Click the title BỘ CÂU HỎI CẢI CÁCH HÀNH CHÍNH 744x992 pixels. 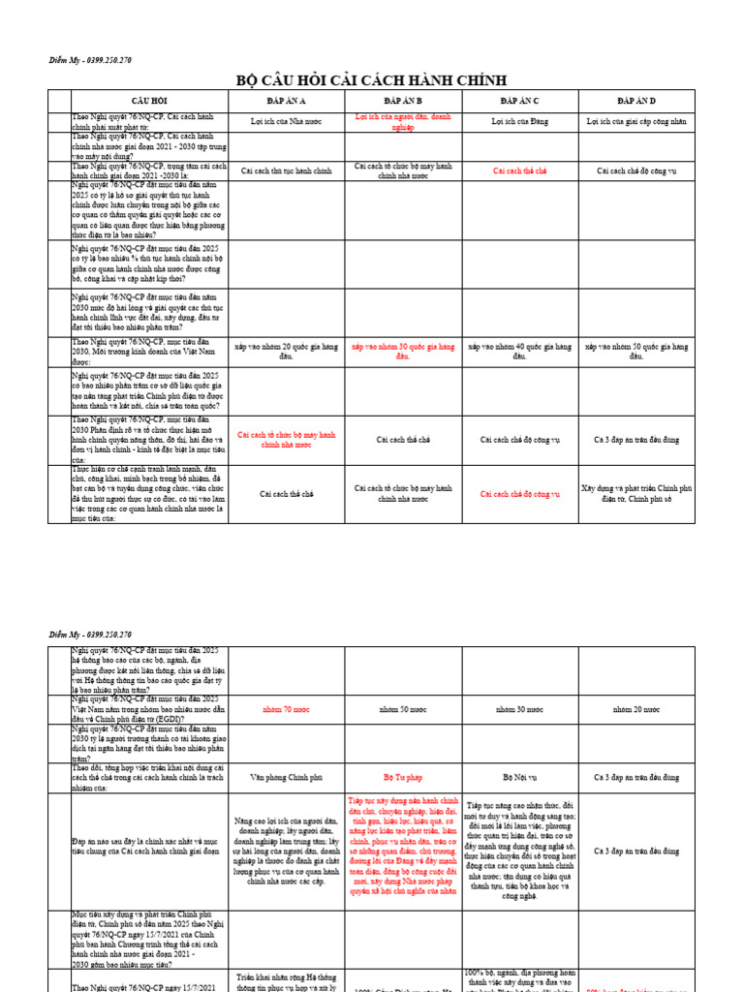[x=371, y=79]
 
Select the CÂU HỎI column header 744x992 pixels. [x=149, y=101]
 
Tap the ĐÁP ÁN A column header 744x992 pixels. [x=286, y=101]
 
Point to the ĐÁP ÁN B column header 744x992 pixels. [x=403, y=101]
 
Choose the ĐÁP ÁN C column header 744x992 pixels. [x=519, y=101]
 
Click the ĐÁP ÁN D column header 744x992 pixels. [x=636, y=101]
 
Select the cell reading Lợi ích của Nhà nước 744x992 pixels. [x=286, y=122]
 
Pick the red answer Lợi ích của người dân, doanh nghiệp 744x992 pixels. [x=403, y=122]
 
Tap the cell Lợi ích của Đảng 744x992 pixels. [x=519, y=122]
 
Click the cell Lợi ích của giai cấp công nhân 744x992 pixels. [x=636, y=122]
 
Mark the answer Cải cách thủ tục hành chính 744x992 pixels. [x=286, y=170]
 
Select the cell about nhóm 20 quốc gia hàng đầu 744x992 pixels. [x=286, y=351]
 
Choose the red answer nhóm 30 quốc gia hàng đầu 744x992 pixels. [x=403, y=351]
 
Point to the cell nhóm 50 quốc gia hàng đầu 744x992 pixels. [x=636, y=351]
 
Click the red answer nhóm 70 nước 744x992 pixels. [x=286, y=709]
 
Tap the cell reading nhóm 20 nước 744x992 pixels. [x=636, y=709]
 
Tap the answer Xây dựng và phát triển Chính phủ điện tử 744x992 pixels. [x=636, y=494]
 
